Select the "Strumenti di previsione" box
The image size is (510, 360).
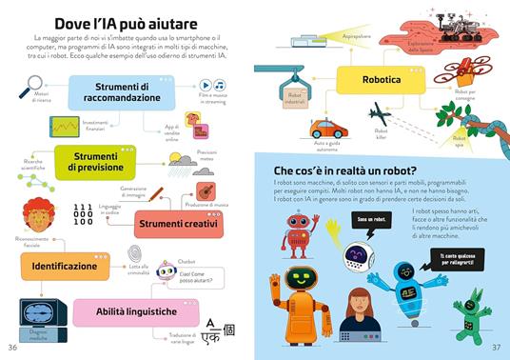coord(104,161)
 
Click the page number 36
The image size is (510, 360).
coord(11,347)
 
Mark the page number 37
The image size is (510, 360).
coord(497,347)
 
